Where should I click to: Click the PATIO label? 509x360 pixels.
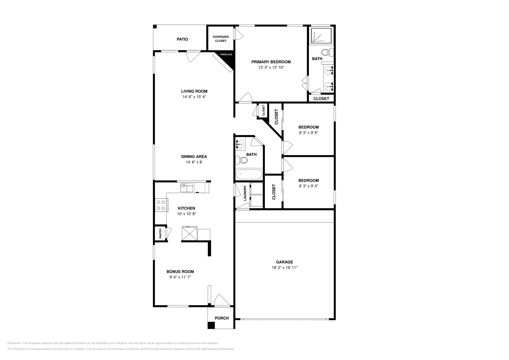(x=182, y=39)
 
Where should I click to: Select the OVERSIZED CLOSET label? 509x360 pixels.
(x=220, y=39)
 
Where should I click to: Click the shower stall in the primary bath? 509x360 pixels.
(x=321, y=35)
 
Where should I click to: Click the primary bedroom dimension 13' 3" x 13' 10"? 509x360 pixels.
(x=271, y=67)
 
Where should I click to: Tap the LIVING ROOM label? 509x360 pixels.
(x=194, y=91)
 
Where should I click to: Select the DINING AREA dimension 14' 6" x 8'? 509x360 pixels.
(x=194, y=162)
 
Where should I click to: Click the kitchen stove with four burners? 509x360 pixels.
(x=161, y=205)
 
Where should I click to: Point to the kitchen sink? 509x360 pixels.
(x=187, y=188)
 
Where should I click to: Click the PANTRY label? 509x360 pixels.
(x=161, y=234)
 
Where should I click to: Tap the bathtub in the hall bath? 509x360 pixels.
(x=249, y=174)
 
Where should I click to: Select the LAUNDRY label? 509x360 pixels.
(x=245, y=193)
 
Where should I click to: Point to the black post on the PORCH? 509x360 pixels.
(x=211, y=325)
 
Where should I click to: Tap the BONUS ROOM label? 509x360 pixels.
(x=180, y=272)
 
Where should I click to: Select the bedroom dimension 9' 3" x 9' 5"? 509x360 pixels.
(x=308, y=186)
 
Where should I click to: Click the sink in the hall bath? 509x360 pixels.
(x=240, y=144)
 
